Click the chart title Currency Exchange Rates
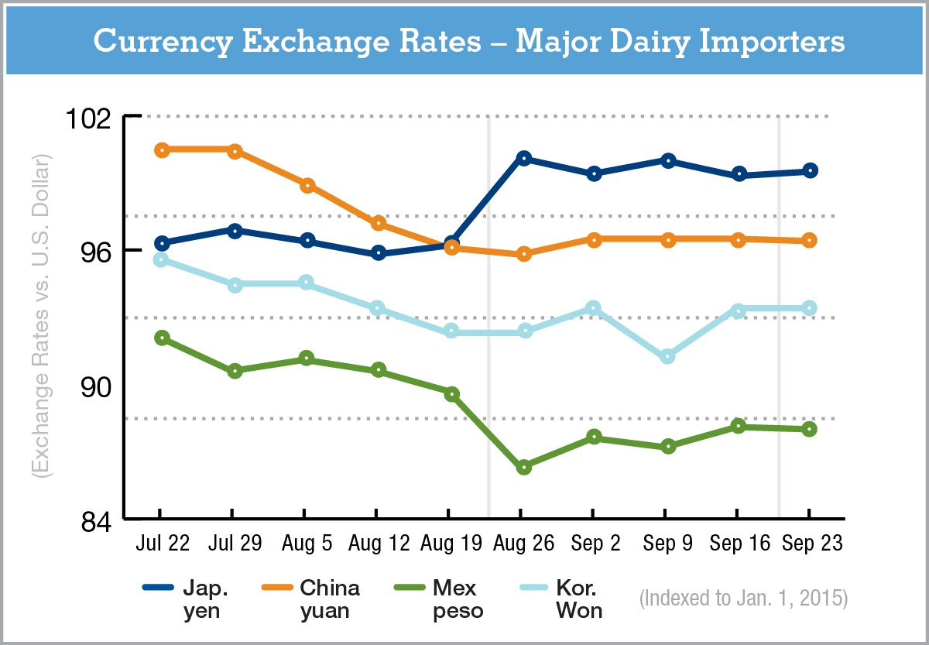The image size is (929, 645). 468,42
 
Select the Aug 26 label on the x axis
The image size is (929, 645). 524,543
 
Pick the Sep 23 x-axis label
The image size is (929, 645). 811,543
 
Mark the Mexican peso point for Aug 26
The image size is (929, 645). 524,467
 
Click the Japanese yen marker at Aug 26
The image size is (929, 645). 524,159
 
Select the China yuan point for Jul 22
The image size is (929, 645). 162,150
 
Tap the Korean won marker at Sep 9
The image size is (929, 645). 667,356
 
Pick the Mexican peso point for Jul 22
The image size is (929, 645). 162,338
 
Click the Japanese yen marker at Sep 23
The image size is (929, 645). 810,171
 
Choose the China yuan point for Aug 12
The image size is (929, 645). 379,223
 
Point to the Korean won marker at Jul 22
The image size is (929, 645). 161,259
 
